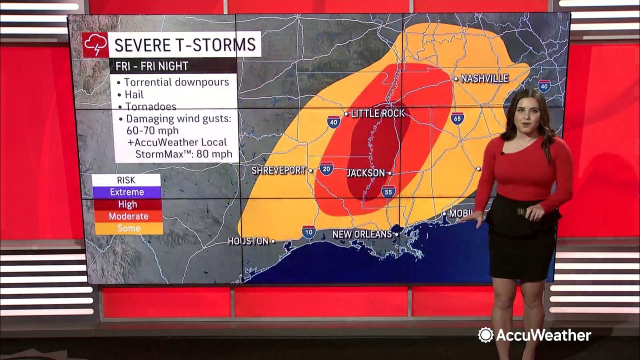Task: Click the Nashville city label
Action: [x=484, y=78]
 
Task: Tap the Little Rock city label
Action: [x=377, y=113]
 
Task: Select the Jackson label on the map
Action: [x=365, y=173]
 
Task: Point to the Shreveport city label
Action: [x=278, y=170]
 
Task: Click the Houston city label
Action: [x=248, y=241]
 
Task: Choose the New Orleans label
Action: [x=362, y=234]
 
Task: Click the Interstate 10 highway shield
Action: [x=308, y=232]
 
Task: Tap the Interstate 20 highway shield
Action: [x=326, y=168]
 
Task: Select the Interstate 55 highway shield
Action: [x=388, y=191]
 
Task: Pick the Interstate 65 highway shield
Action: [x=457, y=118]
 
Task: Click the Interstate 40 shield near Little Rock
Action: [x=333, y=122]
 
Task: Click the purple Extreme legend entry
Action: [x=126, y=192]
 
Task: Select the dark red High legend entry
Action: [x=127, y=204]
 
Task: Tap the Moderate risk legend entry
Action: [x=128, y=216]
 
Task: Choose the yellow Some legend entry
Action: [x=128, y=228]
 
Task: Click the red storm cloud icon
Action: [x=95, y=45]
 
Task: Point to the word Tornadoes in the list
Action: [x=150, y=106]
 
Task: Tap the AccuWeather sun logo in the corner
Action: [x=485, y=335]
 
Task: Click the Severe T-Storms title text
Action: [x=185, y=44]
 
